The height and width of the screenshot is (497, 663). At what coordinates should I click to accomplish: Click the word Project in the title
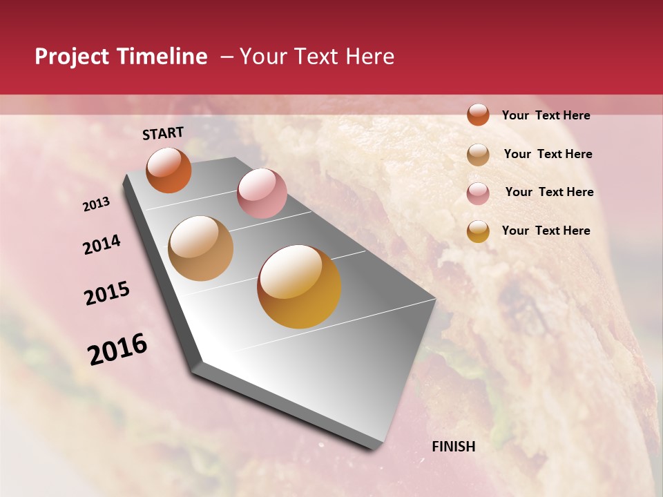click(72, 57)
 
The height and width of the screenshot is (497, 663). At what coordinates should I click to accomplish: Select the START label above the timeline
click(163, 133)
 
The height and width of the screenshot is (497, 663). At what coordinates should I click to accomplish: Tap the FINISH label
click(454, 447)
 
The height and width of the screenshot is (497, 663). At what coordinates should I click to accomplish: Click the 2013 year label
click(97, 204)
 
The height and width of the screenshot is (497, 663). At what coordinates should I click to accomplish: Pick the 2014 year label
click(102, 245)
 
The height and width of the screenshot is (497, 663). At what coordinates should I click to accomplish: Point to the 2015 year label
click(107, 293)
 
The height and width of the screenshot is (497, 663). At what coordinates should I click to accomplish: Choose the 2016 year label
click(117, 349)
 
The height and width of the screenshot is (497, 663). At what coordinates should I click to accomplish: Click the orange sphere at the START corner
click(169, 170)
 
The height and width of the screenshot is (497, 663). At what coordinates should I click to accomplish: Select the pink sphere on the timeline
click(262, 193)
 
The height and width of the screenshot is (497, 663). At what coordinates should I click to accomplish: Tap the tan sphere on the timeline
click(201, 248)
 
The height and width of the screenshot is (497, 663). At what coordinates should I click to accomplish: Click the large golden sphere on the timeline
click(299, 286)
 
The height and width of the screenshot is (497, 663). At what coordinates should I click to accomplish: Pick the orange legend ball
click(478, 115)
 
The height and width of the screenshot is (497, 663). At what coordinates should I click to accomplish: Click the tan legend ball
click(478, 155)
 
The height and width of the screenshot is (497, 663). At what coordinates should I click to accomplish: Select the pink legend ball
click(478, 193)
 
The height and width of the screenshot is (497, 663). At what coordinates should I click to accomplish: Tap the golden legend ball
click(478, 231)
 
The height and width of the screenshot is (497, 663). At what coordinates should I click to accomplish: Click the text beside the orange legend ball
click(546, 115)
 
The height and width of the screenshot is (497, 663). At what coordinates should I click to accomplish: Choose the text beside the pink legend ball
click(549, 192)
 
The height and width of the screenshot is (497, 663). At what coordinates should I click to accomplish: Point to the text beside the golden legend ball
click(546, 231)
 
